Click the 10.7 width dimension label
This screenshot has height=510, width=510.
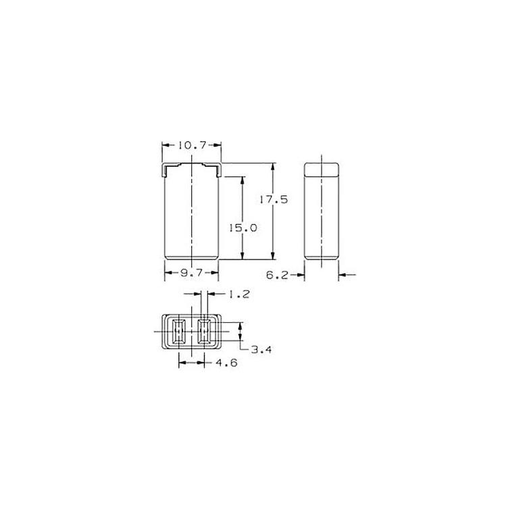pyautogui.click(x=192, y=145)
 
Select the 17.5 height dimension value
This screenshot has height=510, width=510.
pyautogui.click(x=274, y=199)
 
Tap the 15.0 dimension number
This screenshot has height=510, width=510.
pyautogui.click(x=243, y=228)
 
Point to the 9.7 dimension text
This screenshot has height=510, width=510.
pyautogui.click(x=192, y=273)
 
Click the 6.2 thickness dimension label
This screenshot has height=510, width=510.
pyautogui.click(x=277, y=275)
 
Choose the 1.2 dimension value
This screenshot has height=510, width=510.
pyautogui.click(x=238, y=295)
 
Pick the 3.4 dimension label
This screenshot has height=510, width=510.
pyautogui.click(x=261, y=350)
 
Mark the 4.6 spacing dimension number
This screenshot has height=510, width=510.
pyautogui.click(x=227, y=362)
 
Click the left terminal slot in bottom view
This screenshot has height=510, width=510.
pyautogui.click(x=178, y=332)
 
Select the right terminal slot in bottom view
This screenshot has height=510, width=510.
pyautogui.click(x=204, y=332)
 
